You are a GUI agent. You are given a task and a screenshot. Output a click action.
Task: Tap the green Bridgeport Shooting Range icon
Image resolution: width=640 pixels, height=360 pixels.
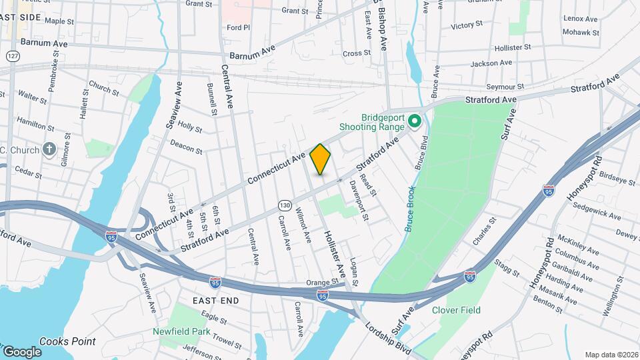(x=414, y=121)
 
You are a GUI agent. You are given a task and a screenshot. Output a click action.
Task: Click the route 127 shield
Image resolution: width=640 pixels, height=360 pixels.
(x=13, y=57)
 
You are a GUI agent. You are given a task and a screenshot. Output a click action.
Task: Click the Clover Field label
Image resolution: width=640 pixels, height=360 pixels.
(x=456, y=310)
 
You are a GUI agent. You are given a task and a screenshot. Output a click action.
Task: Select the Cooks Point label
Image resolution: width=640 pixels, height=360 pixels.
(x=67, y=341)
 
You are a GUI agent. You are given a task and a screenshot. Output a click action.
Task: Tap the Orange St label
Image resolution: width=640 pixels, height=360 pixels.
(x=323, y=282)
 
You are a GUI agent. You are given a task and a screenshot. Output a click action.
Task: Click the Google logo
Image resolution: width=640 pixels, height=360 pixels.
(x=21, y=351)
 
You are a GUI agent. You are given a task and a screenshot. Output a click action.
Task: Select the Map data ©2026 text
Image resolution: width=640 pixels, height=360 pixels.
(x=611, y=355)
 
